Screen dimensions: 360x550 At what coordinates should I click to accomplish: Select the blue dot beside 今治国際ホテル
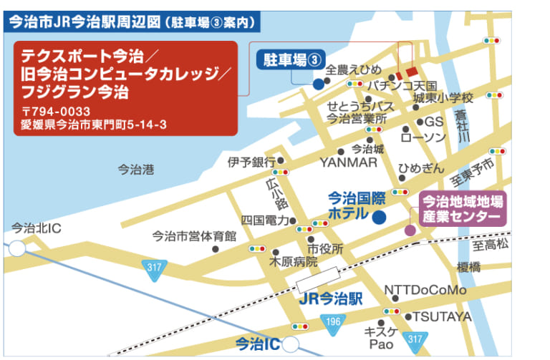coord(380,215)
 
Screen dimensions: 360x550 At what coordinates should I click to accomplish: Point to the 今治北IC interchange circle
coord(16,248)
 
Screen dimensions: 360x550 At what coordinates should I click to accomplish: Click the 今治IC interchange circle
coord(291,344)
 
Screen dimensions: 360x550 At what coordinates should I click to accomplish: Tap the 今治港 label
coord(135,170)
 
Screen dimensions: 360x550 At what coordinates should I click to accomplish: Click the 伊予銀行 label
coord(251,161)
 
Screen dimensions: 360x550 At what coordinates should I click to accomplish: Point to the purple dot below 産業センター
coord(410,230)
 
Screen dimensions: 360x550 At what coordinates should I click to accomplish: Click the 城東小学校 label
coord(443,97)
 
